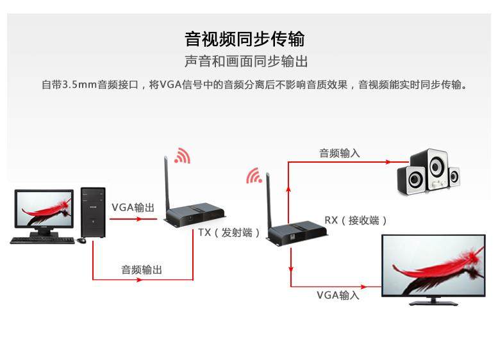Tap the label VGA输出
133,208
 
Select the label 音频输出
142,270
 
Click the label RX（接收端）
356,220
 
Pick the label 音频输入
340,153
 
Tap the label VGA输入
338,295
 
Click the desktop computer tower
93,211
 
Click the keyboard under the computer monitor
42,240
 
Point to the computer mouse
81,240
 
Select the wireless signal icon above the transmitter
183,156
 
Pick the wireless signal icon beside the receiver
254,175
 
